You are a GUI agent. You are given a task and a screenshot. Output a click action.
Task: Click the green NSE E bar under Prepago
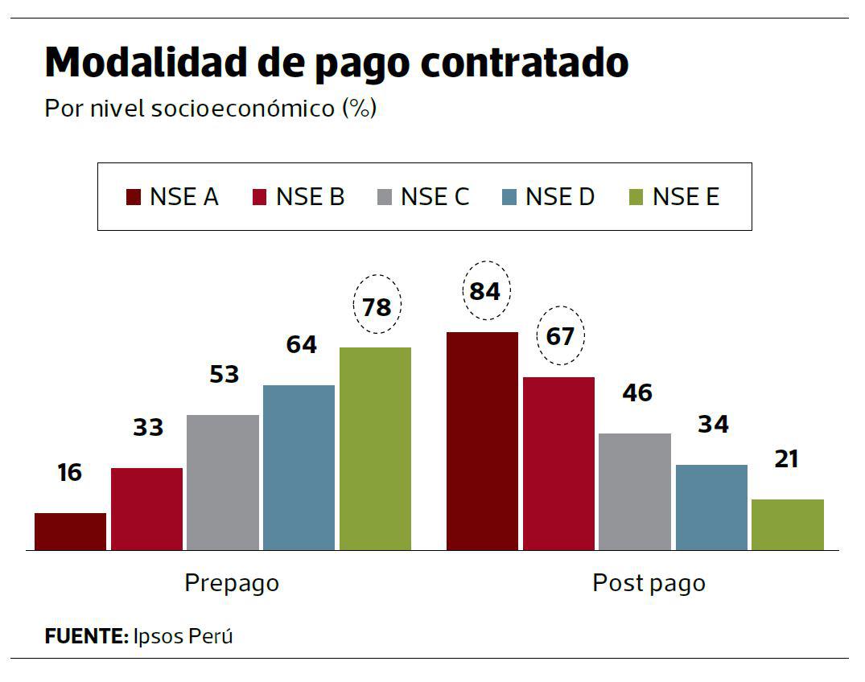point(375,449)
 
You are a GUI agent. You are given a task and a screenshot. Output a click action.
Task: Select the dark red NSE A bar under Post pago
point(482,441)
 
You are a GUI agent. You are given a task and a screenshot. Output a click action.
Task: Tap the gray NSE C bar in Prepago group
point(223,483)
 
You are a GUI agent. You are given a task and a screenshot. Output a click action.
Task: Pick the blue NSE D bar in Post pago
point(711,507)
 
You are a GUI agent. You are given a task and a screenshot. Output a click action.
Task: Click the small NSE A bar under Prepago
point(70,532)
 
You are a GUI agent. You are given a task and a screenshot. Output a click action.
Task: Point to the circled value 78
point(377,307)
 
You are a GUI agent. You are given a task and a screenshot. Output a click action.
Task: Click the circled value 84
point(485,291)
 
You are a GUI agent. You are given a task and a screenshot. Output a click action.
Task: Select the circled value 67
point(560,335)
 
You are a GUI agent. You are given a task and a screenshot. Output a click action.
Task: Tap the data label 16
point(70,473)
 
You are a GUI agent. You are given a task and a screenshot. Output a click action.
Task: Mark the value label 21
point(786,459)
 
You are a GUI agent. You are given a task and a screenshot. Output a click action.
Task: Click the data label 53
point(224,374)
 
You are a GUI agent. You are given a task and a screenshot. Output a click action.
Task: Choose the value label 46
point(636,393)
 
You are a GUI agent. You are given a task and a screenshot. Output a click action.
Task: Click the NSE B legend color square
point(260,197)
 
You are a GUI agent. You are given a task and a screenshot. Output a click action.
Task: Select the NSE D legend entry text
point(559,197)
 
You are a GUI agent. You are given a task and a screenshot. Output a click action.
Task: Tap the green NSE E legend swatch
point(636,197)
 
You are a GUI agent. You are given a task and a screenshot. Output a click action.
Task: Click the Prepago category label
point(232,582)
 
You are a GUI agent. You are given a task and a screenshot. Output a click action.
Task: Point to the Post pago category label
point(649,582)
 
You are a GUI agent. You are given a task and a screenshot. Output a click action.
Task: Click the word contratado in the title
point(525,64)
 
